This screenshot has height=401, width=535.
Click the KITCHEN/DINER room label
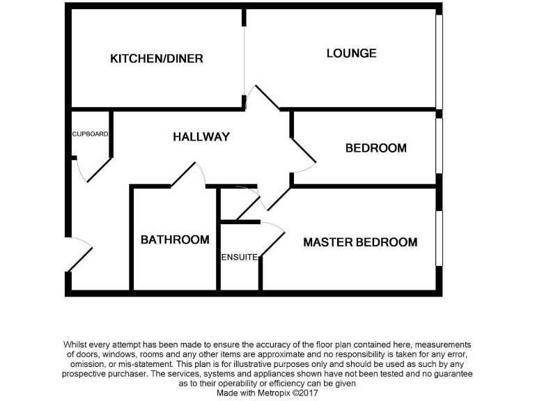point(157,58)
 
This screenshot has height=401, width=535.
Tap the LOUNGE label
point(351,53)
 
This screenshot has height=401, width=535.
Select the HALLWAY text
point(201,136)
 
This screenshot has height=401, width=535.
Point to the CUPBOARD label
point(90,134)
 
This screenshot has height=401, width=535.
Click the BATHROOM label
point(175,239)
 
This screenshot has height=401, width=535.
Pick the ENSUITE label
point(239,257)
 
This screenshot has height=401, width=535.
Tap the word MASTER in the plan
point(328,242)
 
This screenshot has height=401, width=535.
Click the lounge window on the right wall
point(440,62)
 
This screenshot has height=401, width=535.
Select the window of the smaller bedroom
point(440,146)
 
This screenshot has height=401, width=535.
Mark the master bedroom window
point(440,238)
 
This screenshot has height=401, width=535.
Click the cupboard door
point(99,170)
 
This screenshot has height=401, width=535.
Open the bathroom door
point(183,174)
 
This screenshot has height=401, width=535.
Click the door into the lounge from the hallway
point(267,97)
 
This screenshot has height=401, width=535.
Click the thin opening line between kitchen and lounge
point(244,61)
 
